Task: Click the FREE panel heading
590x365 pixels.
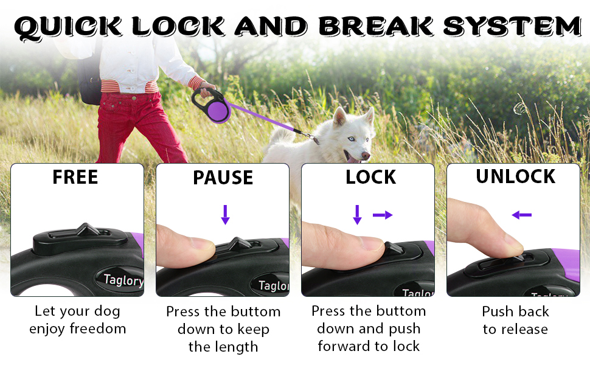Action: pyautogui.click(x=75, y=177)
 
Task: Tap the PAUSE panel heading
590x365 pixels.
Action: pyautogui.click(x=223, y=178)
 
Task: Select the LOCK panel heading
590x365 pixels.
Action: pyautogui.click(x=370, y=177)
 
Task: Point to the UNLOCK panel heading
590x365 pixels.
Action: pyautogui.click(x=516, y=176)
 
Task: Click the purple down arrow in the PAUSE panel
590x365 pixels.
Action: pyautogui.click(x=226, y=215)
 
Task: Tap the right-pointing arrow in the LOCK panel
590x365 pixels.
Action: pyautogui.click(x=383, y=215)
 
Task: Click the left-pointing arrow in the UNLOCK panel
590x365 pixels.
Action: pyautogui.click(x=521, y=215)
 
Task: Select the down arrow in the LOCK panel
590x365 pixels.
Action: pyautogui.click(x=358, y=215)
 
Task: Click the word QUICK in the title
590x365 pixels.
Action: pyautogui.click(x=68, y=27)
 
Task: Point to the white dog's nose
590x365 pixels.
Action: pyautogui.click(x=366, y=155)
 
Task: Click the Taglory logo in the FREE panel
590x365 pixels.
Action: pyautogui.click(x=123, y=280)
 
